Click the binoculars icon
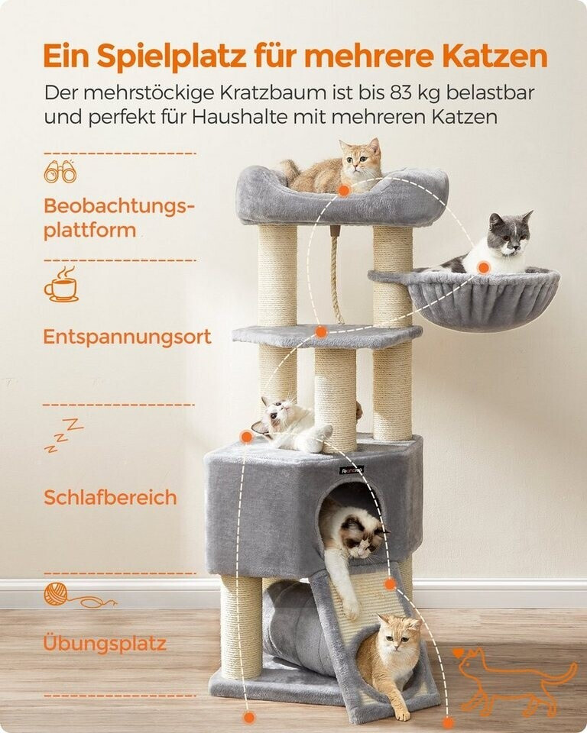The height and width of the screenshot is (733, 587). point(60,171)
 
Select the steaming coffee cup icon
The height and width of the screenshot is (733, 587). point(61,284)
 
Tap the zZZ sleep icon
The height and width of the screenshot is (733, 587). point(63,435)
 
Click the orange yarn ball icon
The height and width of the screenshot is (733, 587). point(79,595)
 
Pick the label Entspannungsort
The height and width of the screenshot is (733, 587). point(127,337)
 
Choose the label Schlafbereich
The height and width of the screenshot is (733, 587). point(111,497)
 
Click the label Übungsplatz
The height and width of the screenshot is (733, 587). point(105,643)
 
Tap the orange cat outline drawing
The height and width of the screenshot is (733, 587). point(515,683)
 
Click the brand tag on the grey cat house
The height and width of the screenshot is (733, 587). point(352,470)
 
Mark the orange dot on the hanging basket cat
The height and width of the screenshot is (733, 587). point(484,267)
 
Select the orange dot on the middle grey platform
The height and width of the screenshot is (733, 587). point(321,332)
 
